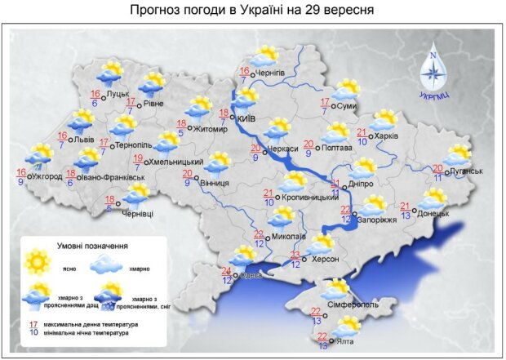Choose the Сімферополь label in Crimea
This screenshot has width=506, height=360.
coord(353,304)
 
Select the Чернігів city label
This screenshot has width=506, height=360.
coord(269,73)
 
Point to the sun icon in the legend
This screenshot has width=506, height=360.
coord(38,262)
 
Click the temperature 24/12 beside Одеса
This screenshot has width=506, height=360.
coord(226,276)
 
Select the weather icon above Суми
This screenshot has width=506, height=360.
coord(347,88)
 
